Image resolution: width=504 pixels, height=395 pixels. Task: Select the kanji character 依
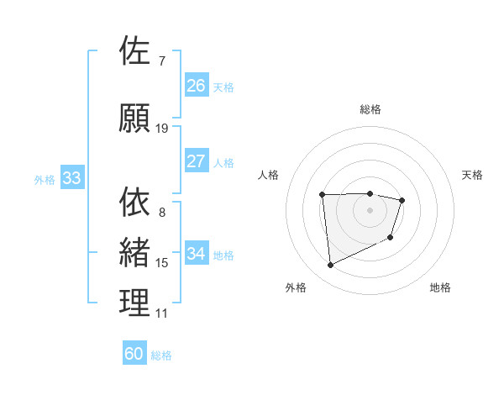[x=135, y=202]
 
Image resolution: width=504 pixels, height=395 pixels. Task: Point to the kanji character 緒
[x=135, y=252]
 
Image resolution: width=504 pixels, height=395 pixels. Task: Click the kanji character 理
[x=135, y=303]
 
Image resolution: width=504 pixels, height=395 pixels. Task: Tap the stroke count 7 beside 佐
[x=161, y=61]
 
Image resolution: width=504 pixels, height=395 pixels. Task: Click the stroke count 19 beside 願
[x=162, y=129]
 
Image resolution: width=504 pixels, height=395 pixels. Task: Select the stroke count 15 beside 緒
[x=162, y=263]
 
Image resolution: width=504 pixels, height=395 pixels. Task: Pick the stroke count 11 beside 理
[x=162, y=313]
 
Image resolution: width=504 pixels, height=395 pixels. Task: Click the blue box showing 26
[x=197, y=85]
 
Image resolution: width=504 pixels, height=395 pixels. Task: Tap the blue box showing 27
[x=197, y=161]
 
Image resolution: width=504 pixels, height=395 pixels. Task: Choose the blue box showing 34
[x=197, y=253]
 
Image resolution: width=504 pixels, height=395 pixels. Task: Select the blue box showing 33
[x=71, y=178]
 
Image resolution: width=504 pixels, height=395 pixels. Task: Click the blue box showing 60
[x=134, y=354]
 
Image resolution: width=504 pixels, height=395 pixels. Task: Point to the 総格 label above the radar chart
[x=370, y=109]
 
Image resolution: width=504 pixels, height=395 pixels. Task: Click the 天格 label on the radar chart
[x=472, y=175]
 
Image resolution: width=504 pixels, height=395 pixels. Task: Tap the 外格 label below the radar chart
[x=296, y=287]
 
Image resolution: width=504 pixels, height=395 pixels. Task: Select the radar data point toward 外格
[x=331, y=266]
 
